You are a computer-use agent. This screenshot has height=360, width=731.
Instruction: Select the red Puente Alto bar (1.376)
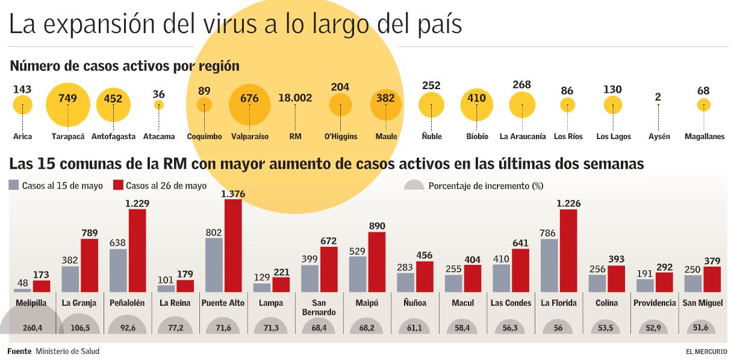pos(233,246)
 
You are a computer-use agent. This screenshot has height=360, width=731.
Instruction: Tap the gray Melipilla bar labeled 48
pos(22,287)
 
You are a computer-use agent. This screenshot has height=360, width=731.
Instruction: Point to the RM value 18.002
pos(295,98)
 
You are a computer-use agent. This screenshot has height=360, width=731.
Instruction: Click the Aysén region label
pos(659,137)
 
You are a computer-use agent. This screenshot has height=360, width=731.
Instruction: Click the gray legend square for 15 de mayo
pos(14,185)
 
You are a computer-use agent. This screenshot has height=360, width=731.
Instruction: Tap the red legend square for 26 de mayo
pos(118,185)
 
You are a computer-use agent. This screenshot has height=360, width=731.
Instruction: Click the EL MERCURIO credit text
pos(706,352)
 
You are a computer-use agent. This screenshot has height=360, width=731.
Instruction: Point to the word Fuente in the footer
pos(19,352)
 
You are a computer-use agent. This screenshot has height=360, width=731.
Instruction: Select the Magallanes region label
pos(704,137)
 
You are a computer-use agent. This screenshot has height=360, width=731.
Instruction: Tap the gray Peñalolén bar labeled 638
pos(118,270)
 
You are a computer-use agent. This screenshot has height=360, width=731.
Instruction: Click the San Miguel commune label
pos(703,303)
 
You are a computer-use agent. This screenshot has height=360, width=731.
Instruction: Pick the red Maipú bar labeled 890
pos(376,262)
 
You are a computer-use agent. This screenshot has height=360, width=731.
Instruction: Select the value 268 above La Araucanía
pos(521,85)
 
